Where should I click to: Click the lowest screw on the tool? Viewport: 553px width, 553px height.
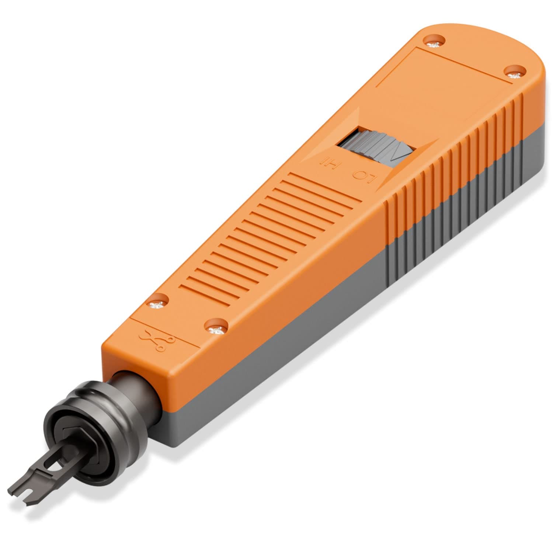click(x=215, y=328)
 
